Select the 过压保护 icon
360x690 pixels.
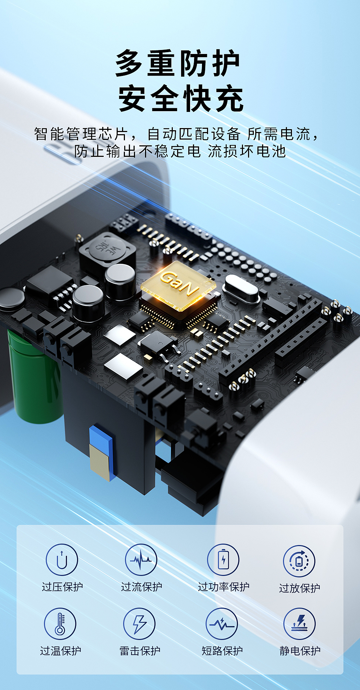pyautogui.click(x=62, y=560)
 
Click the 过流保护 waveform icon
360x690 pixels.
pyautogui.click(x=141, y=560)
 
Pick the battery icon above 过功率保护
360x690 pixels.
pyautogui.click(x=223, y=560)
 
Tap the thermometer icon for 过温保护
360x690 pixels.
pyautogui.click(x=60, y=624)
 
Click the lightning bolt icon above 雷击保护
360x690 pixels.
pyautogui.click(x=139, y=624)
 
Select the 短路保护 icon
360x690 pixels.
pyautogui.click(x=222, y=624)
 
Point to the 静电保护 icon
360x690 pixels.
pyautogui.click(x=300, y=624)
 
